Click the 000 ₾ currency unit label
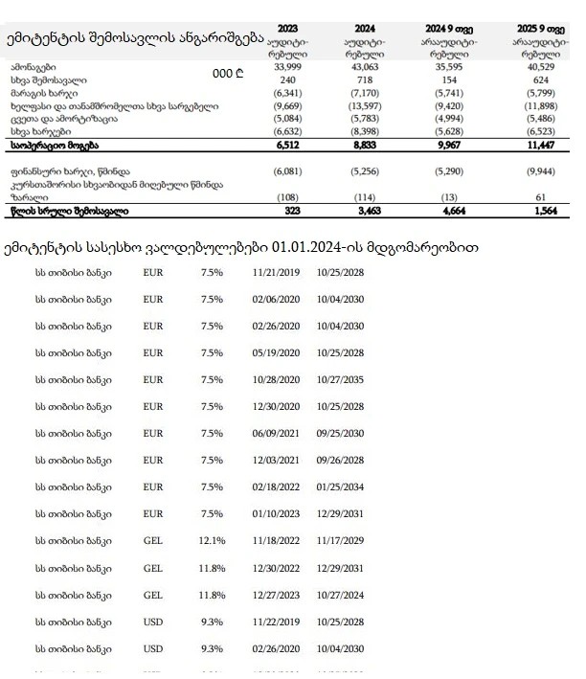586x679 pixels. point(229,73)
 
